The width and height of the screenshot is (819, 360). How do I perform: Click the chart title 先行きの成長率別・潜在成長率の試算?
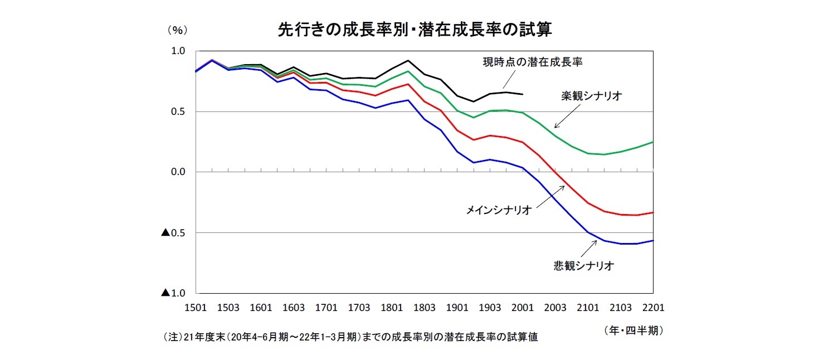[415, 30]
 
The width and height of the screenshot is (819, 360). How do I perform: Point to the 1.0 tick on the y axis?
[178, 51]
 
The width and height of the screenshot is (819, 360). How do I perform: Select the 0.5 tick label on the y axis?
[178, 111]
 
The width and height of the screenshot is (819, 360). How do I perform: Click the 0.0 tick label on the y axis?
[178, 172]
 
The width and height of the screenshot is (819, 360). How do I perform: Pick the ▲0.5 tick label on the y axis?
[173, 232]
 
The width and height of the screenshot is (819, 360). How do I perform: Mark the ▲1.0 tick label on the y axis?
[173, 293]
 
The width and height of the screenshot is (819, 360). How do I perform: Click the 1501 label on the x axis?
[196, 308]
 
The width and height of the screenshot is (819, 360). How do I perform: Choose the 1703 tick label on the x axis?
[359, 308]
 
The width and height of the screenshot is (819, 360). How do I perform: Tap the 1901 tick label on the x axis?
[457, 308]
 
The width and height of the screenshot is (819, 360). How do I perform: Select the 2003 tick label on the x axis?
[555, 308]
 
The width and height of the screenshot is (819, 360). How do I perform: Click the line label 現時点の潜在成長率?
[533, 62]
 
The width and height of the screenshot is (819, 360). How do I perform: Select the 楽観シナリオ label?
[591, 96]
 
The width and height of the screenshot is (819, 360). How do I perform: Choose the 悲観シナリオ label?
[583, 266]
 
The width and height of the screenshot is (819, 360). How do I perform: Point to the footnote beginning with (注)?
[350, 337]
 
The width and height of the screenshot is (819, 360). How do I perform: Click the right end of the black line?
[522, 94]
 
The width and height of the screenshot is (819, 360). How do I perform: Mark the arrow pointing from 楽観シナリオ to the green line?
[566, 118]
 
